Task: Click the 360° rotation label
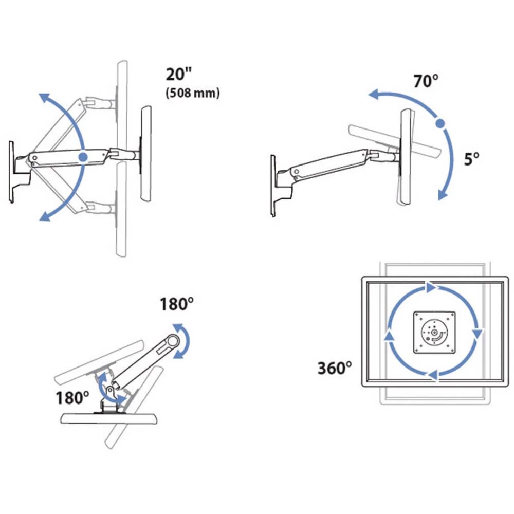click(335, 368)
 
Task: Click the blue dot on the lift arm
click(83, 156)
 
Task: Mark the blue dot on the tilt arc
click(439, 123)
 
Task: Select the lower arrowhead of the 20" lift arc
click(45, 217)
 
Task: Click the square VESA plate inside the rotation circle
click(434, 333)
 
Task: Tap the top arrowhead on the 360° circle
click(430, 288)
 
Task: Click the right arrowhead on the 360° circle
click(478, 333)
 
